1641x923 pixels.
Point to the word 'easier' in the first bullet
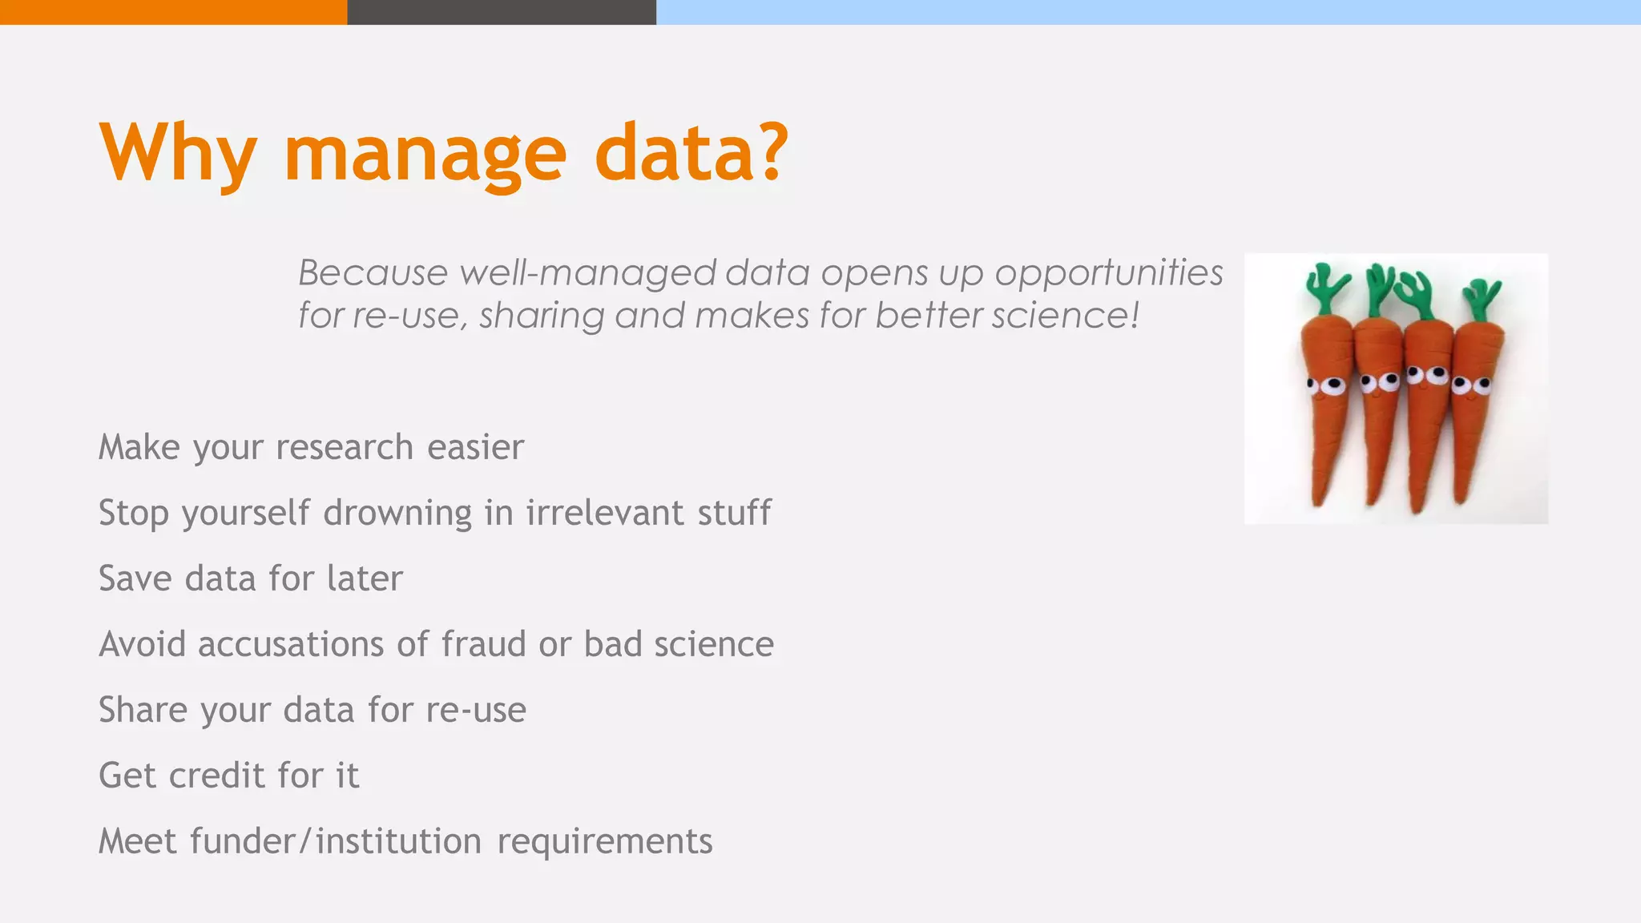475,447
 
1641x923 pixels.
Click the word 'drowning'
397,513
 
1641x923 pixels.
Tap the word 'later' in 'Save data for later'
365,578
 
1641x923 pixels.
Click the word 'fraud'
484,644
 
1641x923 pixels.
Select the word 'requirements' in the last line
604,841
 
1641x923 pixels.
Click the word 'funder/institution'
336,841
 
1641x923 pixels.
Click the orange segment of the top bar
173,12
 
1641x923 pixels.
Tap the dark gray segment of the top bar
502,12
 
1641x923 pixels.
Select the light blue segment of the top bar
1148,12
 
